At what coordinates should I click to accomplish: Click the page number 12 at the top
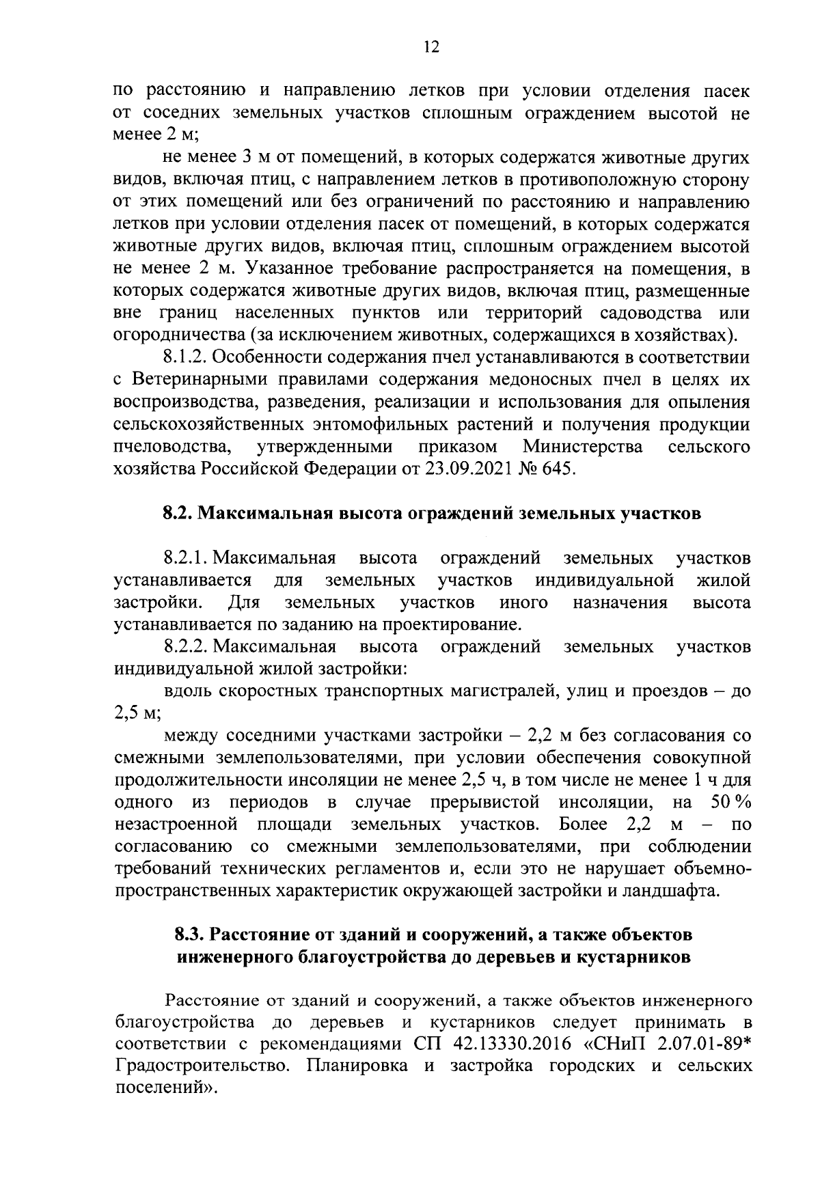click(430, 46)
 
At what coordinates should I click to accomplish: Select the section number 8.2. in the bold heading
click(178, 514)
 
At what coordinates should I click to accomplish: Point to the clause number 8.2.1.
click(186, 558)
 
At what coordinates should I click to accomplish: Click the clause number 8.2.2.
click(186, 646)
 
